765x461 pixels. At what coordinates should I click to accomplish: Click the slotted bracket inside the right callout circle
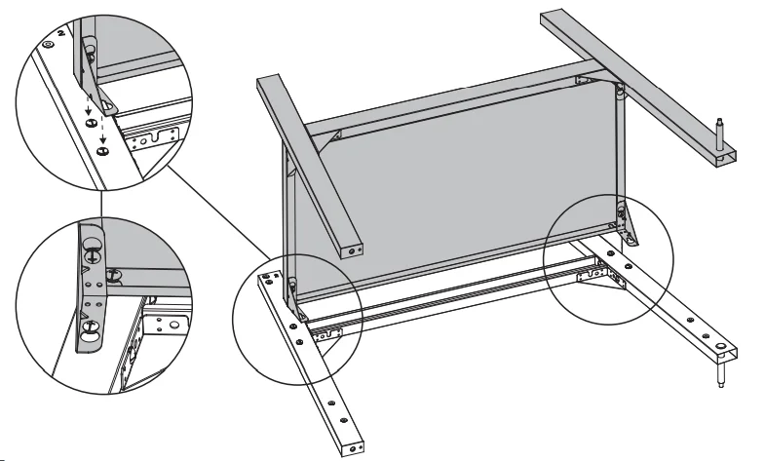[597, 277]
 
